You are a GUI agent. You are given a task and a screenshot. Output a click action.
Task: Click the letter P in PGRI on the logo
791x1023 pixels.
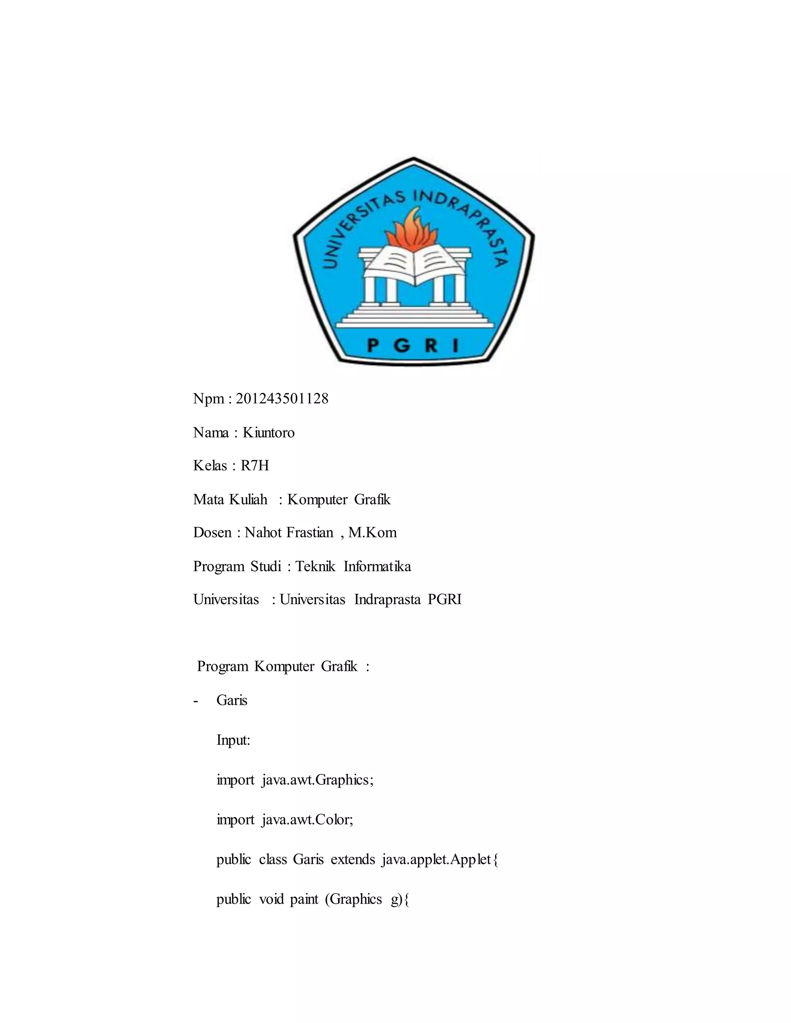tap(373, 346)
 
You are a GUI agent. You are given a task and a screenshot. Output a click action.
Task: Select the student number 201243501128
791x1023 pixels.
tap(282, 399)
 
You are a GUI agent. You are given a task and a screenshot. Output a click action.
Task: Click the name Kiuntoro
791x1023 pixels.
tap(268, 432)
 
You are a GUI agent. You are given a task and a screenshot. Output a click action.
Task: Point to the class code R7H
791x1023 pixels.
tap(255, 466)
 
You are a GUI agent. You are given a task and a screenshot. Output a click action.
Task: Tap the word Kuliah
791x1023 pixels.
tap(248, 499)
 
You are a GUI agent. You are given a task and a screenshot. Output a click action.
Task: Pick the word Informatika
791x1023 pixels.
tap(377, 566)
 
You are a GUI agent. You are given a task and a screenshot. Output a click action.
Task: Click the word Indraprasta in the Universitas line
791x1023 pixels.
tap(387, 600)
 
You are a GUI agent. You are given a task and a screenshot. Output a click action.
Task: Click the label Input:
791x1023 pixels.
tap(233, 740)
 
